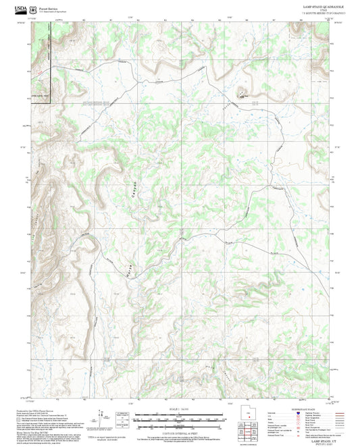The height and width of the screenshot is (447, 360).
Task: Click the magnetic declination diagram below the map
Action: coord(101,417)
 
